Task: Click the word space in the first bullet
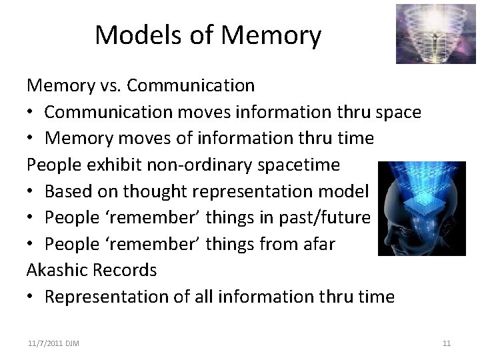[x=398, y=112]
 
